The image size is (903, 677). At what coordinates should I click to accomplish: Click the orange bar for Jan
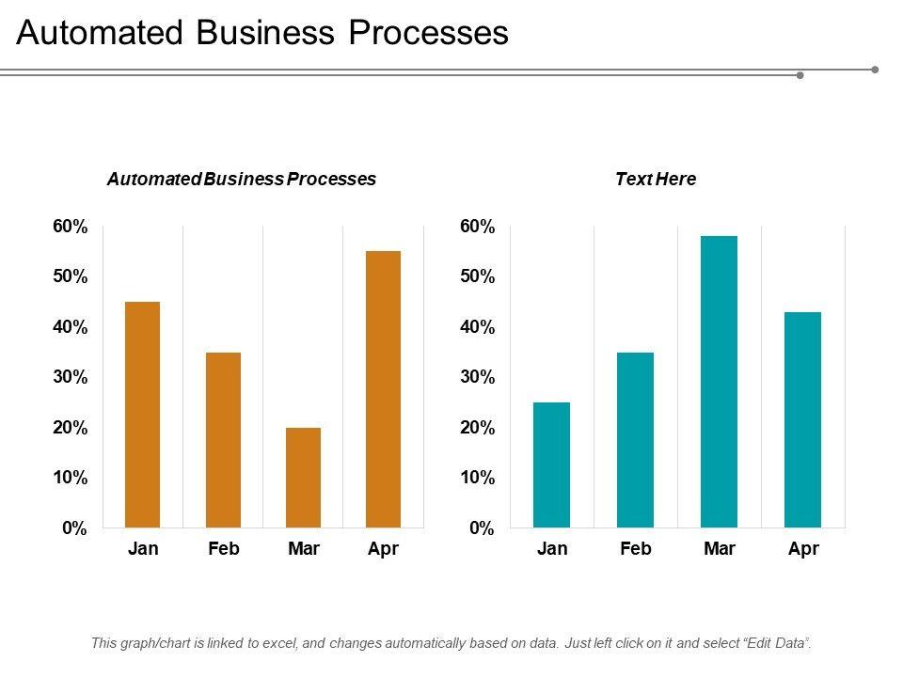(x=142, y=415)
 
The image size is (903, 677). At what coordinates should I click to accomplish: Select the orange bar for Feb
(x=223, y=440)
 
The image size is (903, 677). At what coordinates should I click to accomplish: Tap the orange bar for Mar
(x=303, y=478)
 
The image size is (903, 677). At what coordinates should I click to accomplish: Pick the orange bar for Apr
(x=383, y=389)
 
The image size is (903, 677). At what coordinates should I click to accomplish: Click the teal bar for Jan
(x=551, y=464)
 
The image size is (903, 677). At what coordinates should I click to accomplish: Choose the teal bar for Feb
(x=635, y=440)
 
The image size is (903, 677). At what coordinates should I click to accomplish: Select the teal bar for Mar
(x=719, y=382)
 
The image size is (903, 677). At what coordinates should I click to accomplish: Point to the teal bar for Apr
(x=802, y=419)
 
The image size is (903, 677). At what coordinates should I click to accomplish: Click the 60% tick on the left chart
(x=71, y=227)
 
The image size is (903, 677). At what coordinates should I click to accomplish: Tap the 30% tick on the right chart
(x=477, y=377)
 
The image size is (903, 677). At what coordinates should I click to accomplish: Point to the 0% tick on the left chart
(x=75, y=528)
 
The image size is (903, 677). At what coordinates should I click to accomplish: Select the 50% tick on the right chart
(x=477, y=276)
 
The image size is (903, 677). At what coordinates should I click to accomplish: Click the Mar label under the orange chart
(x=303, y=549)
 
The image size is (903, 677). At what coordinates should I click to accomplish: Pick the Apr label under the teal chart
(x=803, y=549)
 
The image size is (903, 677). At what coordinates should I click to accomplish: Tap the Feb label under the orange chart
(x=223, y=549)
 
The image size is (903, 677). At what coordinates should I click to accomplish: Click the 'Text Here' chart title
(x=656, y=179)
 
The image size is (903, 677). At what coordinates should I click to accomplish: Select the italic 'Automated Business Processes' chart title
(x=242, y=179)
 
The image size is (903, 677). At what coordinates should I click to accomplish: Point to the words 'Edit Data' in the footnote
(x=774, y=643)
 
